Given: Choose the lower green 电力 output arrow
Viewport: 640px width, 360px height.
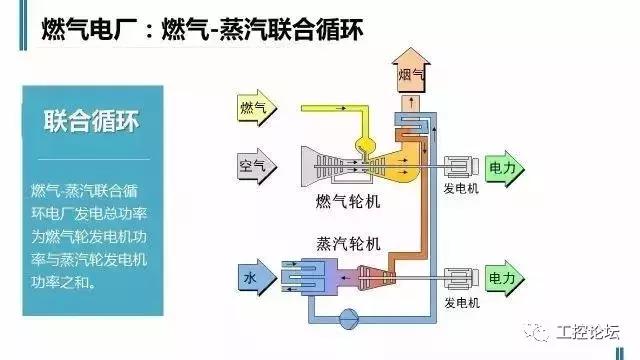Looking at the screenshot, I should [503, 277].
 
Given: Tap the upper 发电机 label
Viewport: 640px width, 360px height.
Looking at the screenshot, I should [460, 188].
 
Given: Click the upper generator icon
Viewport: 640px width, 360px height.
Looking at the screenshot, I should [460, 166].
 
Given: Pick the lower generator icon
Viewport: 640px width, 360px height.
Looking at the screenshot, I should [460, 277].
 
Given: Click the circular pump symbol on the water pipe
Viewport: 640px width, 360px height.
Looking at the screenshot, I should [349, 318].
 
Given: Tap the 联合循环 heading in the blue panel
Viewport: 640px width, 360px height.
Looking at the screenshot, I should [90, 123].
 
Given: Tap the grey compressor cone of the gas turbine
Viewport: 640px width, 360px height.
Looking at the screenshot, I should [322, 164].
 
